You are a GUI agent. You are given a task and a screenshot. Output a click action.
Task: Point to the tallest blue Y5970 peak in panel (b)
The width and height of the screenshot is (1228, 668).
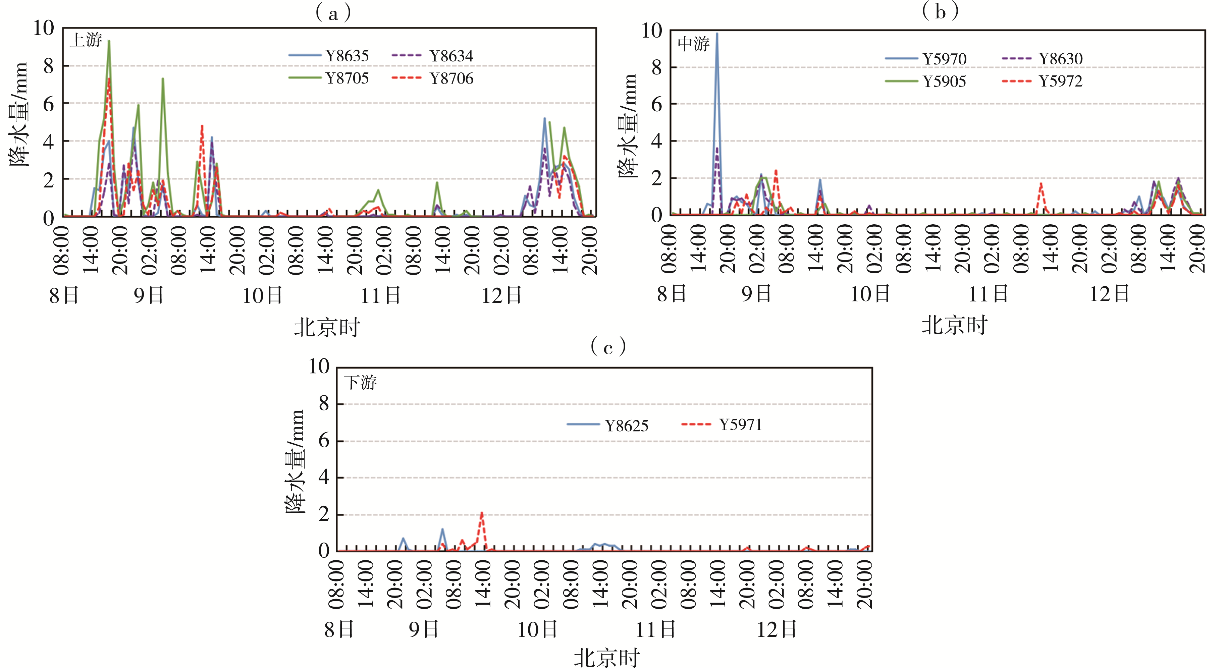[x=716, y=34]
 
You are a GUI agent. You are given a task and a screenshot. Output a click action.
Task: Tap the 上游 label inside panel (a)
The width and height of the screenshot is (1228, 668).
[x=86, y=40]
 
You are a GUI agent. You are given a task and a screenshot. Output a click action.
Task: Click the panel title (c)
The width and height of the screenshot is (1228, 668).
[x=608, y=347]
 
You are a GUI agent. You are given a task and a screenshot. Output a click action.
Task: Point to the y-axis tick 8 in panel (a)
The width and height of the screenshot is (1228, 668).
[x=48, y=66]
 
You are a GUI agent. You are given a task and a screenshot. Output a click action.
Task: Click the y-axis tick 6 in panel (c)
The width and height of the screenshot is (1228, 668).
[x=324, y=441]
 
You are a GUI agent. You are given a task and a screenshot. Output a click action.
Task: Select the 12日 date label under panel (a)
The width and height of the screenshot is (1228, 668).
[x=501, y=295]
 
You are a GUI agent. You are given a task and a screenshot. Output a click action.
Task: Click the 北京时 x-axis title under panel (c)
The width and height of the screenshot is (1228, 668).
[x=606, y=658]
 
